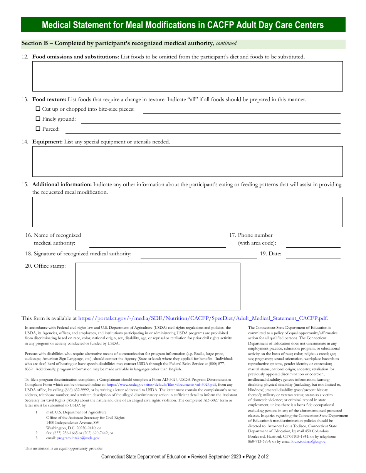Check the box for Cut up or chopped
tap(38, 109)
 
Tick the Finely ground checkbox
tap(38, 119)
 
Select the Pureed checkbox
tap(38, 129)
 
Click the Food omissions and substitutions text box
tap(187, 76)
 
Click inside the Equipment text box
tap(187, 162)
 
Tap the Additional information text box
tap(187, 212)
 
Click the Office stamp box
tap(157, 286)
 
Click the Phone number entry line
tap(313, 244)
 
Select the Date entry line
tap(313, 255)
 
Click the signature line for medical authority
tap(198, 255)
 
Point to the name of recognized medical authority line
tap(158, 244)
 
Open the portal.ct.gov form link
tap(203, 318)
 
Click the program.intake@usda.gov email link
tap(78, 438)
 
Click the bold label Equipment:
tap(47, 142)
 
